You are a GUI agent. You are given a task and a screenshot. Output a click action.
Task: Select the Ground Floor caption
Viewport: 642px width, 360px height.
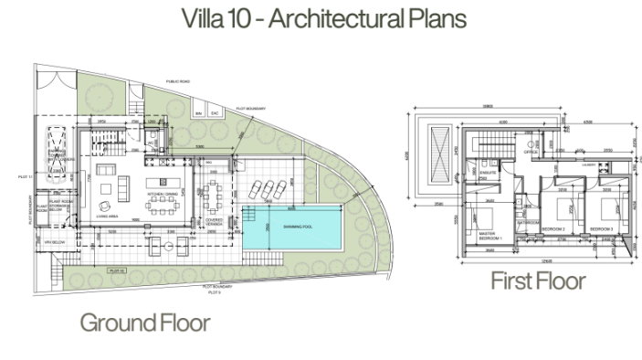tap(144, 323)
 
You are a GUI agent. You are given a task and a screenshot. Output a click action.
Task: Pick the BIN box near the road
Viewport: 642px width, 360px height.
tap(200, 112)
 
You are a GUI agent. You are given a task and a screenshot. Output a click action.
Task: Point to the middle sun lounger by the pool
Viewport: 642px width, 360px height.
tap(263, 190)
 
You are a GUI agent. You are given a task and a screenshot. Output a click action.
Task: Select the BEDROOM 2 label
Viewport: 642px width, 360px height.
tap(553, 228)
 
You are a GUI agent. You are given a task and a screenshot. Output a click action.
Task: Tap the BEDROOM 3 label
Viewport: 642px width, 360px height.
tap(601, 228)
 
